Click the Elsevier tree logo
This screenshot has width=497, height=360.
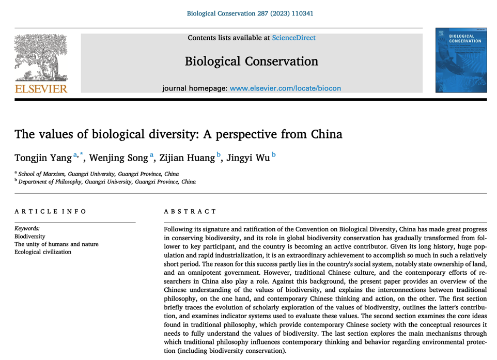pyautogui.click(x=41, y=57)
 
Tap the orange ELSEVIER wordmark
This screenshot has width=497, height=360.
pyautogui.click(x=41, y=89)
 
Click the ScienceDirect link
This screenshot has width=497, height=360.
pyautogui.click(x=293, y=38)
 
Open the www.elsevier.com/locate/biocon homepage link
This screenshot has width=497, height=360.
pyautogui.click(x=285, y=88)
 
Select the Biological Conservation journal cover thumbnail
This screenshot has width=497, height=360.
pyautogui.click(x=461, y=60)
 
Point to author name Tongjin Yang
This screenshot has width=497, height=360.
pyautogui.click(x=43, y=158)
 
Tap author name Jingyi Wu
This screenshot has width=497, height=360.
pyautogui.click(x=248, y=158)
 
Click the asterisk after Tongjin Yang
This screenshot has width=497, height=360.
pyautogui.click(x=82, y=154)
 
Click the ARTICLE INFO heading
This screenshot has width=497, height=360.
pyautogui.click(x=51, y=212)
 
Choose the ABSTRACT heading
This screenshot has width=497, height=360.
pyautogui.click(x=190, y=212)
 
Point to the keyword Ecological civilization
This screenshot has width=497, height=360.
pyautogui.click(x=43, y=252)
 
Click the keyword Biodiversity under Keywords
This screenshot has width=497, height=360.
pyautogui.click(x=30, y=237)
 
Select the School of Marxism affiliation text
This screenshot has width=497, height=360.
pyautogui.click(x=98, y=174)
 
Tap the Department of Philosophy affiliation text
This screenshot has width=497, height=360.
pyautogui.click(x=107, y=182)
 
